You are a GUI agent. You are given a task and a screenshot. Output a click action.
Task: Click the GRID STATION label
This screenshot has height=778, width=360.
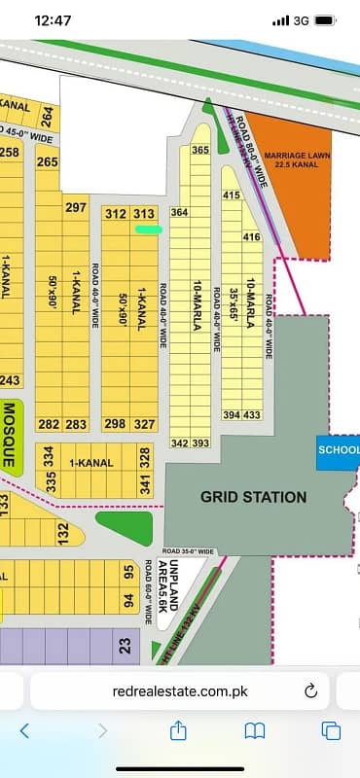(253, 497)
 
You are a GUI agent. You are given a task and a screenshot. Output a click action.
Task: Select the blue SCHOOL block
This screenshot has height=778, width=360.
(339, 451)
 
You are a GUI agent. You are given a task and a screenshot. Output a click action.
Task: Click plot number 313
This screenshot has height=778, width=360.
(144, 214)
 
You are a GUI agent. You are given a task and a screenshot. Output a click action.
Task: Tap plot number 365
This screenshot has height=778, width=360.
(201, 151)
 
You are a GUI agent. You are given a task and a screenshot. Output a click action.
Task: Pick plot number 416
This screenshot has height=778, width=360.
(252, 236)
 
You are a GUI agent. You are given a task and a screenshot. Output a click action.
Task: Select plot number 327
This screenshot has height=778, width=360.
(144, 424)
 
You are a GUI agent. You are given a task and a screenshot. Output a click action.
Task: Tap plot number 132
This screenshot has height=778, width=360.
(63, 533)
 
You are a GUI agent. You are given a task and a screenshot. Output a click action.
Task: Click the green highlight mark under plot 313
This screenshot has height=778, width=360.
(148, 230)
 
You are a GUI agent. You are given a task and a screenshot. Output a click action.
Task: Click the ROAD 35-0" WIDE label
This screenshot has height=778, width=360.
(190, 551)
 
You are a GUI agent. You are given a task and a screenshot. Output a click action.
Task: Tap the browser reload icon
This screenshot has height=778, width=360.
(311, 690)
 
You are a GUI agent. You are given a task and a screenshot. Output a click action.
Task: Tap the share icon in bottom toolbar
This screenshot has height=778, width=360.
(178, 729)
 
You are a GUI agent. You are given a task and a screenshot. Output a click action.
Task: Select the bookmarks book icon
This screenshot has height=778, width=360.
(254, 729)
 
